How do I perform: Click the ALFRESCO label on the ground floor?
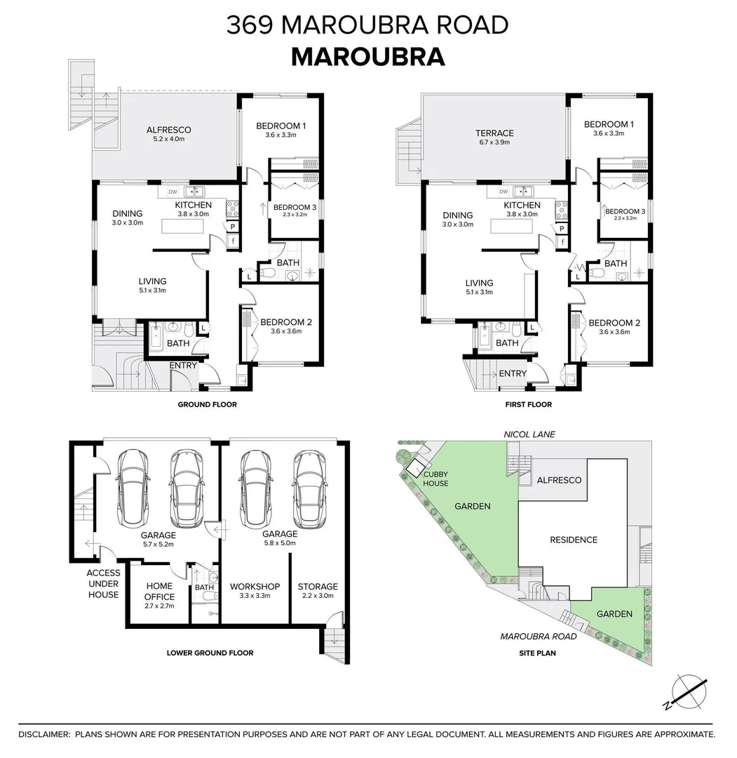(168, 130)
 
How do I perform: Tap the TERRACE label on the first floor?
(494, 133)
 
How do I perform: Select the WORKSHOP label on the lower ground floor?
(255, 587)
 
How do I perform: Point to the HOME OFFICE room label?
(159, 591)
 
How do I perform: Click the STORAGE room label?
(318, 587)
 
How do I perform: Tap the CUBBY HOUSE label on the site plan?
(435, 479)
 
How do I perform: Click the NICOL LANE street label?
(529, 434)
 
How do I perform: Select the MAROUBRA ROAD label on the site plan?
(539, 637)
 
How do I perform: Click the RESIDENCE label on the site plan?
(573, 540)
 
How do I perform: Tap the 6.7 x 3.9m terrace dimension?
(494, 142)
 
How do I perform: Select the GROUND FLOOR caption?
(207, 404)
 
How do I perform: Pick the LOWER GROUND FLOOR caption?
(210, 653)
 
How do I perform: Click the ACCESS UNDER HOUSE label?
(103, 583)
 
